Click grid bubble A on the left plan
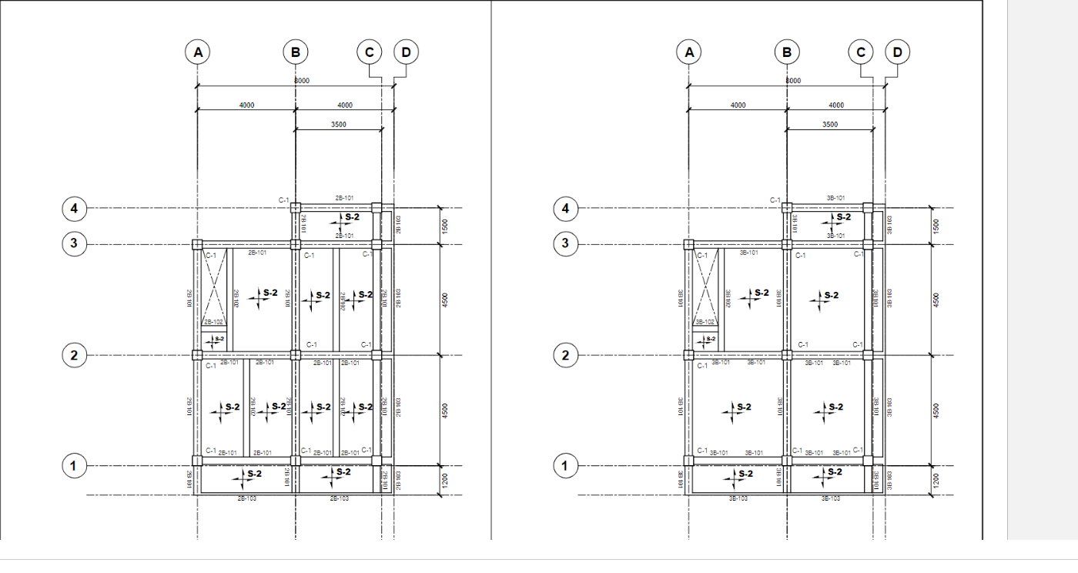(x=198, y=52)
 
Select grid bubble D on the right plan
(x=897, y=52)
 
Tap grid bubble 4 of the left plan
(x=74, y=208)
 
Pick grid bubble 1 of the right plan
(x=565, y=466)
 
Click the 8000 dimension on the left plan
(x=302, y=81)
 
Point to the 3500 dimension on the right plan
(x=830, y=124)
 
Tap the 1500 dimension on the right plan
(x=936, y=226)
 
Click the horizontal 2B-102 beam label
(x=213, y=323)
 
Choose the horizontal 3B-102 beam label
(x=705, y=323)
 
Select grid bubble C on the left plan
(x=370, y=52)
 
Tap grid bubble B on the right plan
(x=787, y=52)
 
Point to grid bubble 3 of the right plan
(x=565, y=244)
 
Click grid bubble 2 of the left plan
(x=74, y=355)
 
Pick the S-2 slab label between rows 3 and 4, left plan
(x=350, y=218)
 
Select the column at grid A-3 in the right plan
(x=689, y=244)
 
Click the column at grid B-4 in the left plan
(x=295, y=206)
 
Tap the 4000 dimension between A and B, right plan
(x=738, y=106)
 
